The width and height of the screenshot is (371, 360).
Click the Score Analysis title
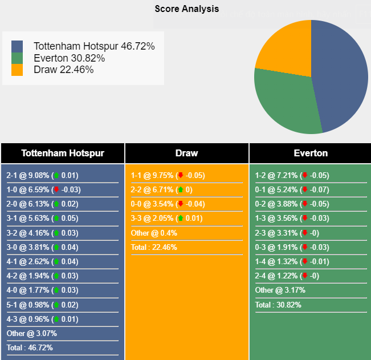[186, 9]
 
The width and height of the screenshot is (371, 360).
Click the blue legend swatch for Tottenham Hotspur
[17, 46]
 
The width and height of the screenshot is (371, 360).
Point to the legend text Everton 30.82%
[69, 58]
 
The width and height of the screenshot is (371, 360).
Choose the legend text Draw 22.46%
[63, 70]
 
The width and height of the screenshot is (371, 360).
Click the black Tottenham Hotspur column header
[63, 153]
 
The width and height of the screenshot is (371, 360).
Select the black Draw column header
[186, 153]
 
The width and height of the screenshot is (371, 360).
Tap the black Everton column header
[311, 153]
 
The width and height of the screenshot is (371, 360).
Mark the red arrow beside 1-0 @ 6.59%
[56, 190]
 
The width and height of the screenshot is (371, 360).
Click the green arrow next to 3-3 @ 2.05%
[181, 219]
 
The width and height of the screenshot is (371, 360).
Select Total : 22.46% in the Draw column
[154, 247]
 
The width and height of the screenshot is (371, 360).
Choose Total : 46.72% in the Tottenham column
[30, 347]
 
